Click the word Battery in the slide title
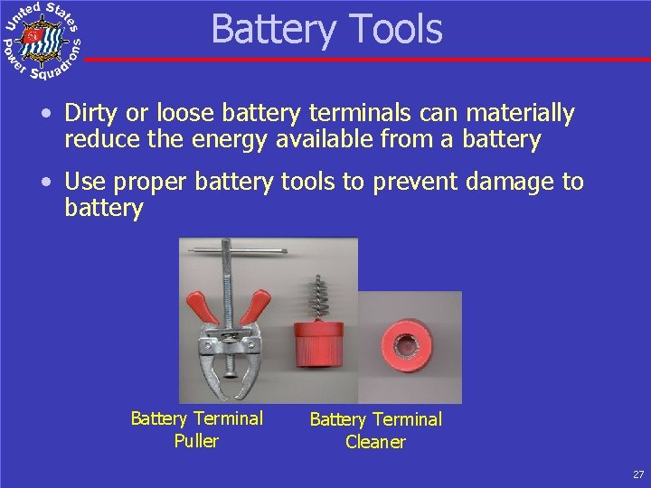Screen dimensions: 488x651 point(267,29)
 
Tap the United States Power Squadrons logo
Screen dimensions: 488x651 point(42,41)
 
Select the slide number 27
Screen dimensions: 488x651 point(638,474)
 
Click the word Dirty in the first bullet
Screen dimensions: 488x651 point(90,114)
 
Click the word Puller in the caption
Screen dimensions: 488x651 point(196,441)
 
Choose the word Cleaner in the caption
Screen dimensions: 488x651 point(375,442)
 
